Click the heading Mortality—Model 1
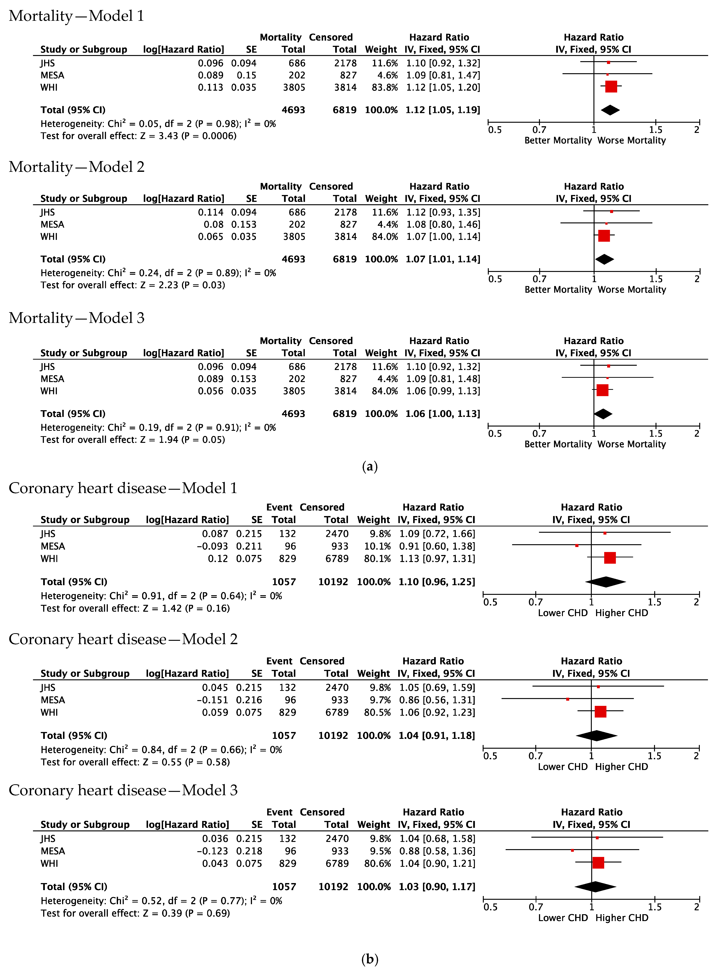pyautogui.click(x=76, y=16)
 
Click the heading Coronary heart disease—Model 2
pyautogui.click(x=123, y=639)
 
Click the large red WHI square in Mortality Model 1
pyautogui.click(x=611, y=87)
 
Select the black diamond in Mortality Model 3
pyautogui.click(x=603, y=414)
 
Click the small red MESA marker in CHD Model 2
pyautogui.click(x=567, y=699)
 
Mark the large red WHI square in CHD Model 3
pyautogui.click(x=598, y=863)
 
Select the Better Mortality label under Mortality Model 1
pyautogui.click(x=558, y=140)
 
